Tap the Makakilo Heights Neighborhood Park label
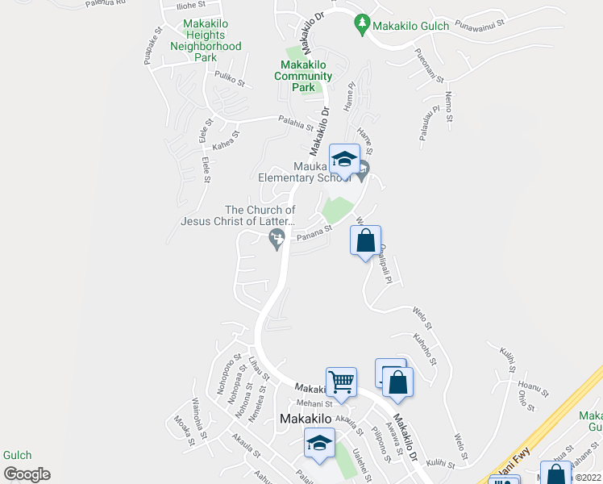[x=206, y=40]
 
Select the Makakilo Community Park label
[x=303, y=76]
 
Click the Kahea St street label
[x=226, y=141]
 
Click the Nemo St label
[x=448, y=106]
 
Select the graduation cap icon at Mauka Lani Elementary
[x=344, y=159]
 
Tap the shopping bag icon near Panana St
[x=365, y=240]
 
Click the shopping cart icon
[x=341, y=382]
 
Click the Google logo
[x=27, y=474]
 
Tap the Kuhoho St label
[x=424, y=345]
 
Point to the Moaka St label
[x=183, y=429]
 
